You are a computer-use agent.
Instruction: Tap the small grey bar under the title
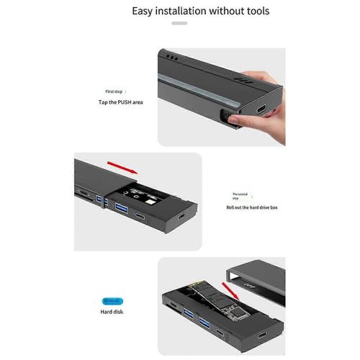179,23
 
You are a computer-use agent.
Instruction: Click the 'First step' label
114,92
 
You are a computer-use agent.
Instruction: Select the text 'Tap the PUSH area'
121,103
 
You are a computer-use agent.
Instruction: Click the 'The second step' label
240,197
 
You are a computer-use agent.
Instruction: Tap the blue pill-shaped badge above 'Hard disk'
114,300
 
